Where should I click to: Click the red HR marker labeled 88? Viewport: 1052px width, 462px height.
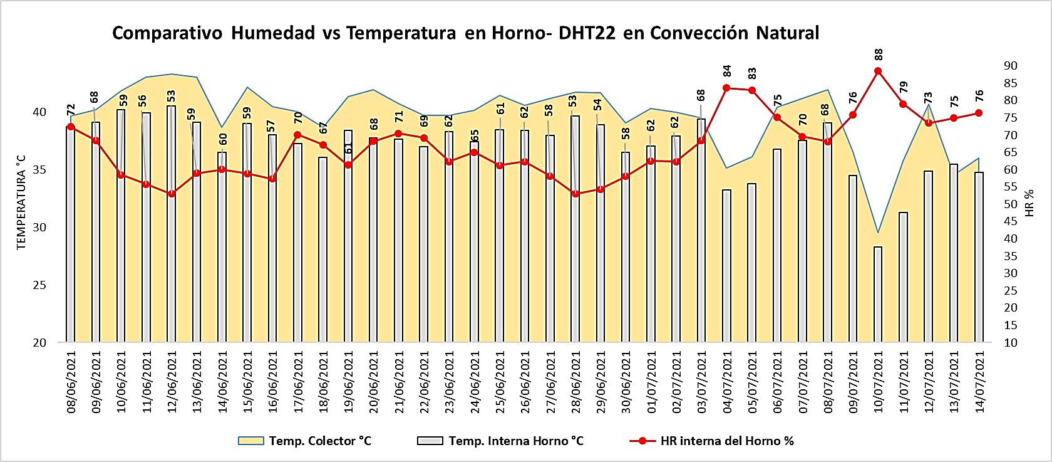[x=878, y=71]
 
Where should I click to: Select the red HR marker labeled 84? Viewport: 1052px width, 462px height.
[x=726, y=88]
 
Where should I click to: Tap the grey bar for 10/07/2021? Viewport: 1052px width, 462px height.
[x=878, y=295]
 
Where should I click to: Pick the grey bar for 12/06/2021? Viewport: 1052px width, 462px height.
[x=171, y=226]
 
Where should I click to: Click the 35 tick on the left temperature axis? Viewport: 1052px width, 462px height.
[x=39, y=170]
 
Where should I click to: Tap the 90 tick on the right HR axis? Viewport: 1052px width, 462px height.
[x=1010, y=66]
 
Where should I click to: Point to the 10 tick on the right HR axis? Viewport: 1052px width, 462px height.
[x=1010, y=342]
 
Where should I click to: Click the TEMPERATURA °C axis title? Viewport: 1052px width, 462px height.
[x=21, y=202]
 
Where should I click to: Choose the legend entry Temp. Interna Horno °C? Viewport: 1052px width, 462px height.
[x=515, y=441]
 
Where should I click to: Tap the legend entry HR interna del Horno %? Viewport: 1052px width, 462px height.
[x=726, y=441]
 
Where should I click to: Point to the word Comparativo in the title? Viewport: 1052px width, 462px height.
[x=167, y=33]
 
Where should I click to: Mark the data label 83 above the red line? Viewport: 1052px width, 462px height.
[x=752, y=73]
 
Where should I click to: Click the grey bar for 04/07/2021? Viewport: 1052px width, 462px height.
[x=726, y=266]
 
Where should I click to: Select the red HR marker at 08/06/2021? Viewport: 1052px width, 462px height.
[x=71, y=127]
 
